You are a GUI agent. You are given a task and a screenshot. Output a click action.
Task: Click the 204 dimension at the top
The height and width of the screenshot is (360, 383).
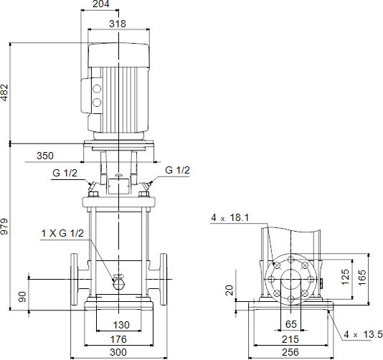101,4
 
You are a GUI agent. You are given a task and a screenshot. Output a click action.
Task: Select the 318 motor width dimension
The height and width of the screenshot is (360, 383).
118,24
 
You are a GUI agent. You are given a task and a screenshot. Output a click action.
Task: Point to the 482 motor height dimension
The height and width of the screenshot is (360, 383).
4,93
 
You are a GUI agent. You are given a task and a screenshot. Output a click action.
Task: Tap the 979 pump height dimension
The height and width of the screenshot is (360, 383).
4,227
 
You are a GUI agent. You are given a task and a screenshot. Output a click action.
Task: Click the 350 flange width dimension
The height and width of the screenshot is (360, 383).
45,156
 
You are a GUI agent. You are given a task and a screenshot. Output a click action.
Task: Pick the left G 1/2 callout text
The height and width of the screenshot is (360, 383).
65,173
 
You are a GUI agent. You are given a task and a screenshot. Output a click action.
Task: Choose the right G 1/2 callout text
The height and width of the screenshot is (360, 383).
177,170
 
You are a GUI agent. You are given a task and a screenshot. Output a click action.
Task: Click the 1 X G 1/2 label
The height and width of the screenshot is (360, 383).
62,233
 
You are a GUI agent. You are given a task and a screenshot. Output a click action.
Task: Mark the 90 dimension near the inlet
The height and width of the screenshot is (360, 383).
22,297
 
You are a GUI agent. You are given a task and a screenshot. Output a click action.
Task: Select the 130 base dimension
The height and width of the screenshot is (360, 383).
121,325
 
